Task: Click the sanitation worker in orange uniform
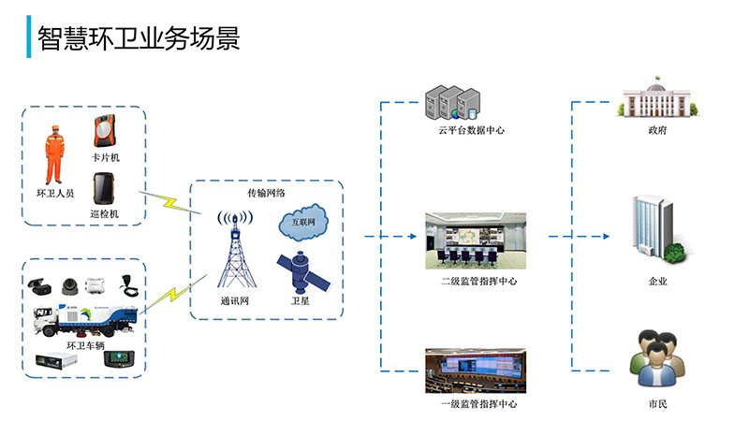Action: (54, 154)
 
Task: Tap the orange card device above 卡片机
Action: (105, 131)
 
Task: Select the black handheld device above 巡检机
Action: (104, 189)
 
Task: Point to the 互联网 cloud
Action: (303, 222)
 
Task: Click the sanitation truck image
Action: (85, 320)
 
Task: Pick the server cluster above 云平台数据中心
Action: (452, 103)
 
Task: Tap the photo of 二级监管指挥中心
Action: (476, 241)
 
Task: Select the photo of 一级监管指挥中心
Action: (476, 370)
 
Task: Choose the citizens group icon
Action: (657, 359)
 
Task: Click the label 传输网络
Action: (266, 193)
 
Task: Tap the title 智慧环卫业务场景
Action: (139, 38)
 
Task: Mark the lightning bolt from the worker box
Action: (170, 202)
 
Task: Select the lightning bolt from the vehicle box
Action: (174, 294)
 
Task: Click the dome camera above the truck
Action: (69, 286)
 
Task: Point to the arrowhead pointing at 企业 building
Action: (606, 237)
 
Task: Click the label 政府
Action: (657, 130)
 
